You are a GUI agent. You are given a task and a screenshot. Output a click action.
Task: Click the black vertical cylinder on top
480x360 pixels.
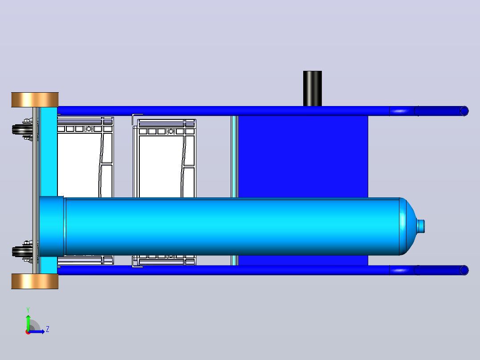click(x=312, y=89)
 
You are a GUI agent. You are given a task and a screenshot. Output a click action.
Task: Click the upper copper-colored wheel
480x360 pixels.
click(x=35, y=99)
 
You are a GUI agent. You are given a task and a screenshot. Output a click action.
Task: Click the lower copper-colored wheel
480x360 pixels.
click(x=35, y=281)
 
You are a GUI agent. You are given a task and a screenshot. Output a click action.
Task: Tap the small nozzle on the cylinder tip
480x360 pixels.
click(x=421, y=226)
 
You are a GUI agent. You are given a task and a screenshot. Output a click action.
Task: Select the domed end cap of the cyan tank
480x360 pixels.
click(x=408, y=226)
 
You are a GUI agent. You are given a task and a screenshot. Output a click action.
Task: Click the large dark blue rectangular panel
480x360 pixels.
click(x=303, y=156)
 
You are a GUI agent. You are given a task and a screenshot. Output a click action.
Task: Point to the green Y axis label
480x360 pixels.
click(x=28, y=310)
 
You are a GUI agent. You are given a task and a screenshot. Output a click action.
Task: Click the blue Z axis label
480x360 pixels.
click(x=48, y=329)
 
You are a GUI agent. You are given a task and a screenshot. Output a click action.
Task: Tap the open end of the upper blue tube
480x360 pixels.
click(x=464, y=111)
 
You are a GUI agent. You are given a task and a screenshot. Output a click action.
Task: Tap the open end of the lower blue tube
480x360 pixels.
click(x=464, y=270)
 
